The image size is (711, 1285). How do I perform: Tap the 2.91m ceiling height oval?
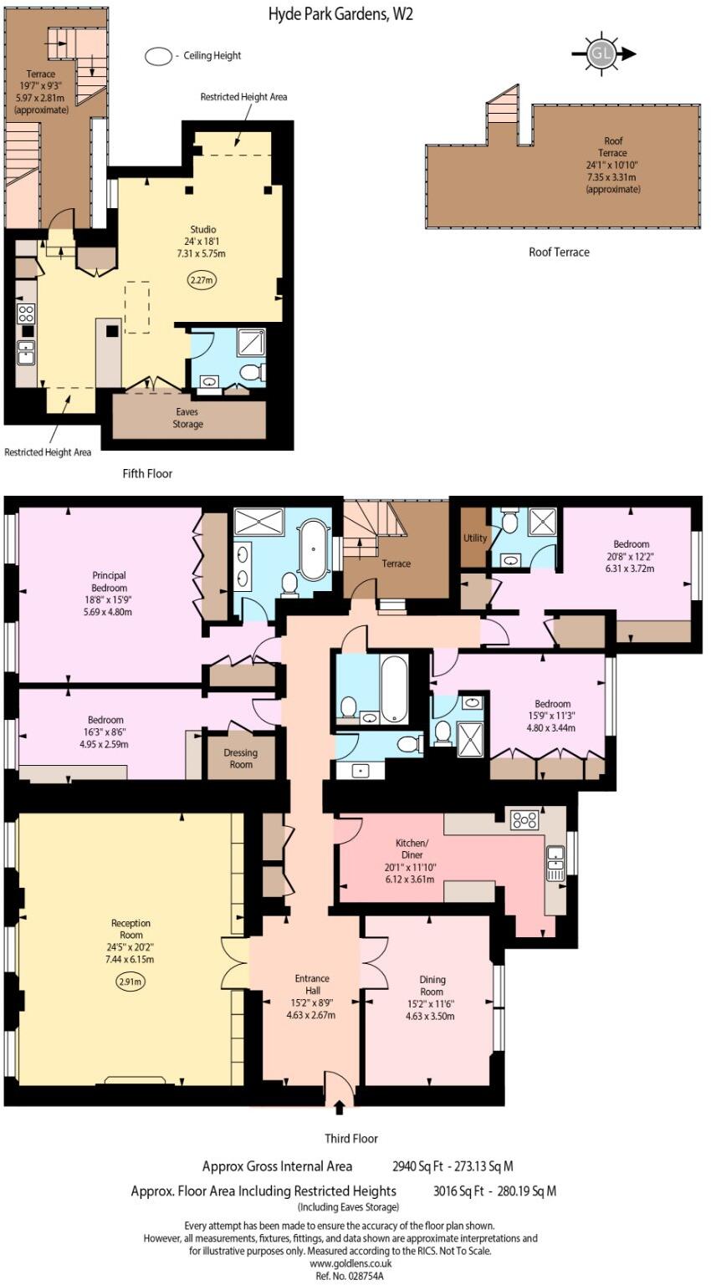click(130, 981)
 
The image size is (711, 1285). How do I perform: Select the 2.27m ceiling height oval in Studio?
click(203, 280)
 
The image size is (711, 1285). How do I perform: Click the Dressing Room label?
click(240, 758)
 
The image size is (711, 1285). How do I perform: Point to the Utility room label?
click(474, 538)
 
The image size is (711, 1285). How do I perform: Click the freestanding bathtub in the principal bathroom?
click(314, 549)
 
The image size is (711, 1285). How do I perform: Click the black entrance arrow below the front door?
click(339, 1107)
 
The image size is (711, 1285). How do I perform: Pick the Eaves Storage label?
click(187, 418)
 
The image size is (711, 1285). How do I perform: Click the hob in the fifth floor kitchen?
click(26, 314)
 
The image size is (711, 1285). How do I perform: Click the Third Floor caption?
click(351, 1139)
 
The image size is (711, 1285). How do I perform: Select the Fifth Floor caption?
click(147, 473)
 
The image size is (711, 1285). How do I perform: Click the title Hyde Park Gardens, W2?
click(340, 13)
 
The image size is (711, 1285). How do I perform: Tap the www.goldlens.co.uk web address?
click(350, 1263)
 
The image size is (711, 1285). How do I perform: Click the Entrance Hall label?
click(312, 984)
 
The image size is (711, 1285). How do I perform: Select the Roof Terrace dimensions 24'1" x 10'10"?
click(612, 166)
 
